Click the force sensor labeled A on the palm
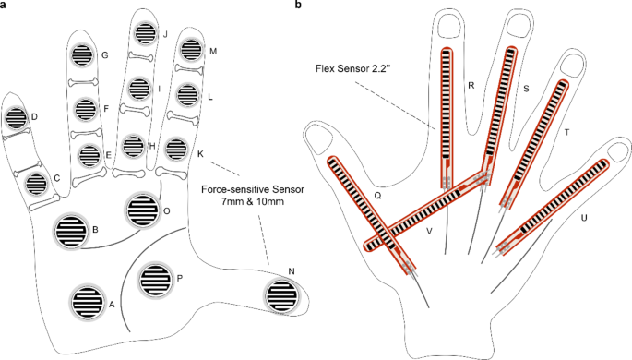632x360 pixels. pyautogui.click(x=86, y=300)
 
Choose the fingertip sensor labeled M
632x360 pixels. pyautogui.click(x=193, y=50)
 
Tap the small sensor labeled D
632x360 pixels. pyautogui.click(x=17, y=118)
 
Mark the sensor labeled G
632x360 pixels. pyautogui.click(x=81, y=55)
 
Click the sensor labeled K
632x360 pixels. pyautogui.click(x=174, y=149)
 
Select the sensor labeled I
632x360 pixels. pyautogui.click(x=139, y=89)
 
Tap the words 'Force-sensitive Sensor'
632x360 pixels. pyautogui.click(x=253, y=188)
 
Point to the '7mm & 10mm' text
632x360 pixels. pyautogui.click(x=253, y=203)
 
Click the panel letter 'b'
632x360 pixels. pyautogui.click(x=296, y=6)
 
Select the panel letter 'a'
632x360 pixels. pyautogui.click(x=5, y=6)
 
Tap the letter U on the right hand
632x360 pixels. pyautogui.click(x=585, y=218)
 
